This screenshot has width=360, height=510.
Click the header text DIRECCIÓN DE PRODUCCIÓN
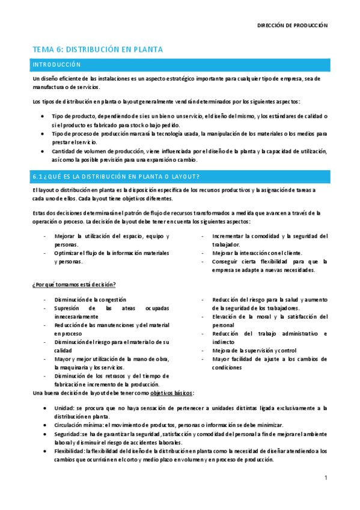pyautogui.click(x=292, y=26)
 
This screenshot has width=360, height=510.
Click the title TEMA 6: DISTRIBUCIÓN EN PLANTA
pyautogui.click(x=97, y=49)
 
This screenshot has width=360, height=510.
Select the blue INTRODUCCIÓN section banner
pyautogui.click(x=180, y=64)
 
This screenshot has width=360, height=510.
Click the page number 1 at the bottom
pyautogui.click(x=325, y=478)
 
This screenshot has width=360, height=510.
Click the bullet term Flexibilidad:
pyautogui.click(x=69, y=450)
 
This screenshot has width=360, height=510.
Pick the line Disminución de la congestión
pyautogui.click(x=90, y=299)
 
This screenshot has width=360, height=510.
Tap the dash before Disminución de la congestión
pyautogui.click(x=45, y=299)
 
